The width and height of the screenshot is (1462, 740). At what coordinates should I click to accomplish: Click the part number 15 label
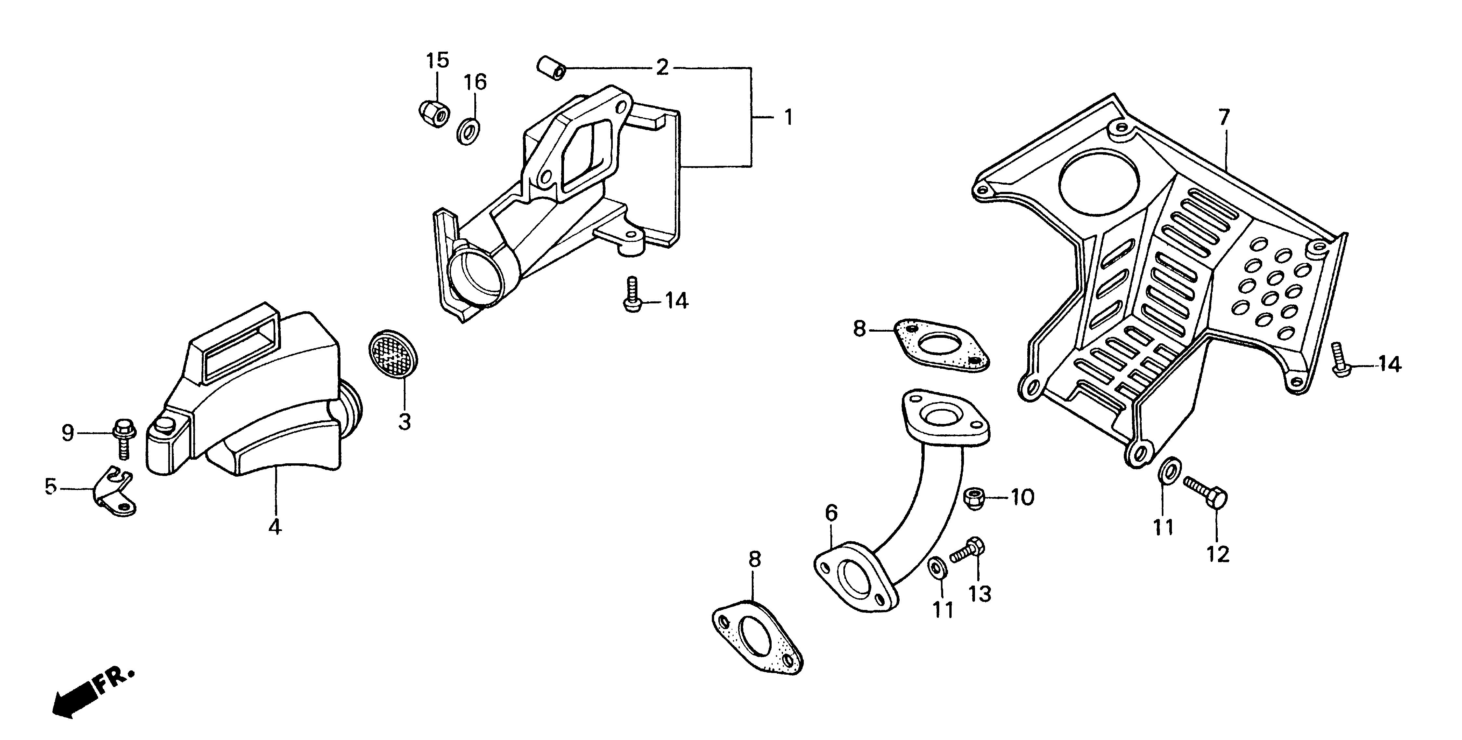coord(438,60)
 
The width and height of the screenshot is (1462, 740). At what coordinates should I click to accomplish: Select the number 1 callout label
coord(788,118)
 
